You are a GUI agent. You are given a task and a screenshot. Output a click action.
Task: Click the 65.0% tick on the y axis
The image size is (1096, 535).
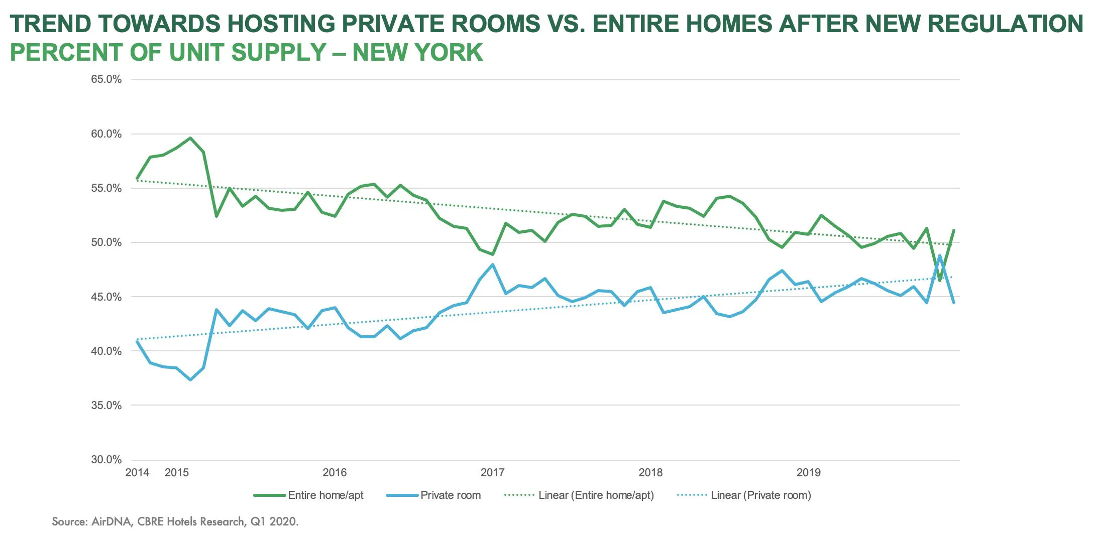[x=106, y=79]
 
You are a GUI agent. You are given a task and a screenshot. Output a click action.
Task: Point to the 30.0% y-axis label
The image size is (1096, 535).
[x=106, y=460]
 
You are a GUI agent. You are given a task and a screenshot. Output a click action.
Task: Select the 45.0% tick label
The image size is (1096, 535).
[x=106, y=297]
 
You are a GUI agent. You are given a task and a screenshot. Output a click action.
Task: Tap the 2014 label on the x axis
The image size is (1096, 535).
[x=137, y=472]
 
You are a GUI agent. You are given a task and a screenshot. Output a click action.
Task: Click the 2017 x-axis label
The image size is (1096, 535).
[x=493, y=472]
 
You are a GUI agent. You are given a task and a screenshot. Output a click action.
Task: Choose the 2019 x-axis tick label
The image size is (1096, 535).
[x=809, y=472]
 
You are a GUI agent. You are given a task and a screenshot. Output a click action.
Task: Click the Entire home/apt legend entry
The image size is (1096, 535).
[x=308, y=495]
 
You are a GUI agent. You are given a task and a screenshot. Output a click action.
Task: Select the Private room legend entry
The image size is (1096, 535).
[x=433, y=495]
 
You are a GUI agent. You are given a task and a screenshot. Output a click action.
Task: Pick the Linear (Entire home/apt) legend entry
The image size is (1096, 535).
[x=579, y=495]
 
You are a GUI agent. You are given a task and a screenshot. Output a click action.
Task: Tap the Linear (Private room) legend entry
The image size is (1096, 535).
[x=744, y=495]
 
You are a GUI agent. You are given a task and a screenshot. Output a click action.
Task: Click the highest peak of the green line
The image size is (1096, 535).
[x=190, y=138]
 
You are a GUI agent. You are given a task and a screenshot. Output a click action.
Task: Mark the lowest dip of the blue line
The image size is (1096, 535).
[x=190, y=379]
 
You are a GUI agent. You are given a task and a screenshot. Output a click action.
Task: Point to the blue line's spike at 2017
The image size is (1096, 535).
[x=493, y=265]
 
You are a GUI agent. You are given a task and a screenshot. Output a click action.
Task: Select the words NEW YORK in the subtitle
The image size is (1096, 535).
[x=417, y=52]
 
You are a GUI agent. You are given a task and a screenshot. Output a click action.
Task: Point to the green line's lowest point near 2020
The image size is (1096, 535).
[x=940, y=280]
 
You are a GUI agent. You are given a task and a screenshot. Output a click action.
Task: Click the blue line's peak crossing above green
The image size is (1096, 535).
[x=940, y=255]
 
